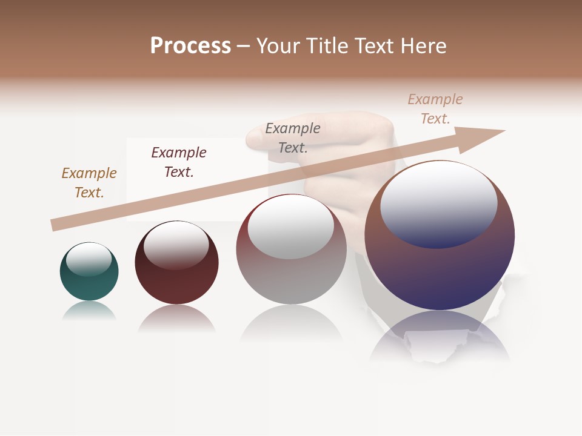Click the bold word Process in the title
pos(190,46)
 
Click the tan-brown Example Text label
pos(89,182)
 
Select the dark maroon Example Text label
pos(179,162)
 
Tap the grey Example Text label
pos(293,137)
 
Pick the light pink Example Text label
pos(435,108)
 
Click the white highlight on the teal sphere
pos(89,259)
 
